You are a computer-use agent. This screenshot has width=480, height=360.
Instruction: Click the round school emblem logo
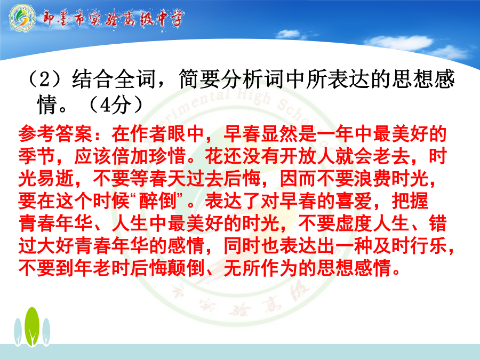(x=22, y=18)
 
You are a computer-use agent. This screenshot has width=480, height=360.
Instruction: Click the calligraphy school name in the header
(x=113, y=19)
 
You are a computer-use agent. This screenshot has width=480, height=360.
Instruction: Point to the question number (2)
(x=45, y=78)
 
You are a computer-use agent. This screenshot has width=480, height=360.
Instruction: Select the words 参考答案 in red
(x=55, y=134)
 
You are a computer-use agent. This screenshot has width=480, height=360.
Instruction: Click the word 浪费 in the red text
(x=373, y=179)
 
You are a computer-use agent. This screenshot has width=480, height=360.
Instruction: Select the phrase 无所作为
(x=261, y=268)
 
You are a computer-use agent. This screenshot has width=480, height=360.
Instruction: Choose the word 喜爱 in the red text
(x=354, y=201)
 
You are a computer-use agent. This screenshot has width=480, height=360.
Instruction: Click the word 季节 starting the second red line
(x=37, y=156)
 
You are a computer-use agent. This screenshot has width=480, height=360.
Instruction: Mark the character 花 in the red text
(x=214, y=156)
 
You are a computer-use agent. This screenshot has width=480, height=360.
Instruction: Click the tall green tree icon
(x=32, y=326)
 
